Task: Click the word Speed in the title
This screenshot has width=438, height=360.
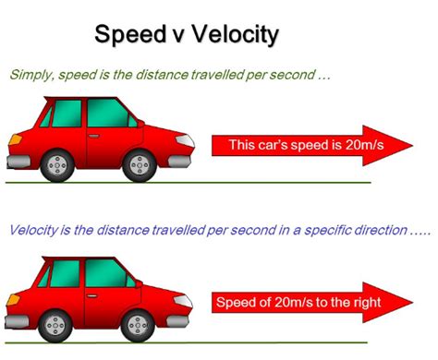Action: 129,35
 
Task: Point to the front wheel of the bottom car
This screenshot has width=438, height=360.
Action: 138,325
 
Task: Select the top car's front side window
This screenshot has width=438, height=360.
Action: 109,114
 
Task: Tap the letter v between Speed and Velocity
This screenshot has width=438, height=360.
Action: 173,36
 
